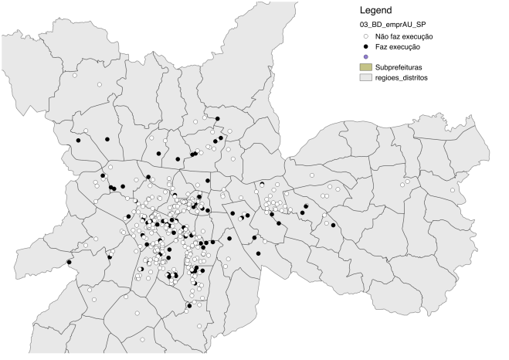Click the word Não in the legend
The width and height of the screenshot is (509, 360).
[382, 37]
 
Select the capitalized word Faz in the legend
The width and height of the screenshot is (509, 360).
[382, 47]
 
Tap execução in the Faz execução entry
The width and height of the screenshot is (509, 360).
[410, 47]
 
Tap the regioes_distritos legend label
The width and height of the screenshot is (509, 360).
[402, 77]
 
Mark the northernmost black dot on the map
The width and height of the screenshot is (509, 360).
[218, 119]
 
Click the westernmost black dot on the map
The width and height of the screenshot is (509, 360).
[69, 262]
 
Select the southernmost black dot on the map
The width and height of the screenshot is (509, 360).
[188, 307]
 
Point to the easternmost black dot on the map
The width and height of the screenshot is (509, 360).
[334, 225]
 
